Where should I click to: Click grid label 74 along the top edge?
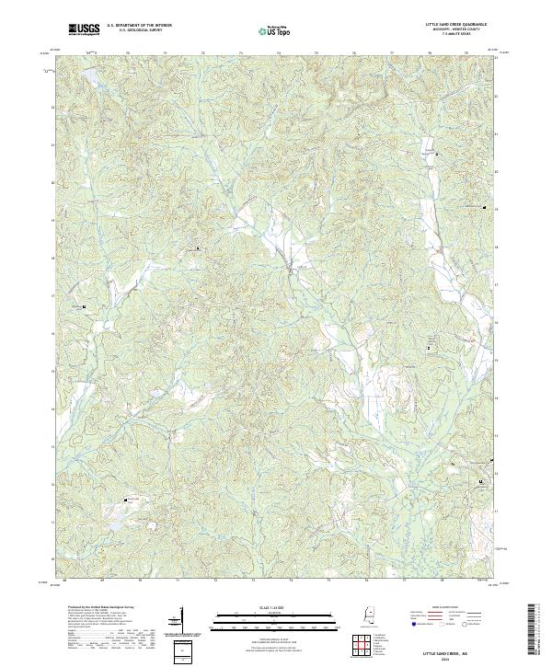click(x=279, y=53)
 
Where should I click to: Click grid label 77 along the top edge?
click(x=393, y=53)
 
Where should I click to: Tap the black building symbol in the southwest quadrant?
click(x=126, y=500)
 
